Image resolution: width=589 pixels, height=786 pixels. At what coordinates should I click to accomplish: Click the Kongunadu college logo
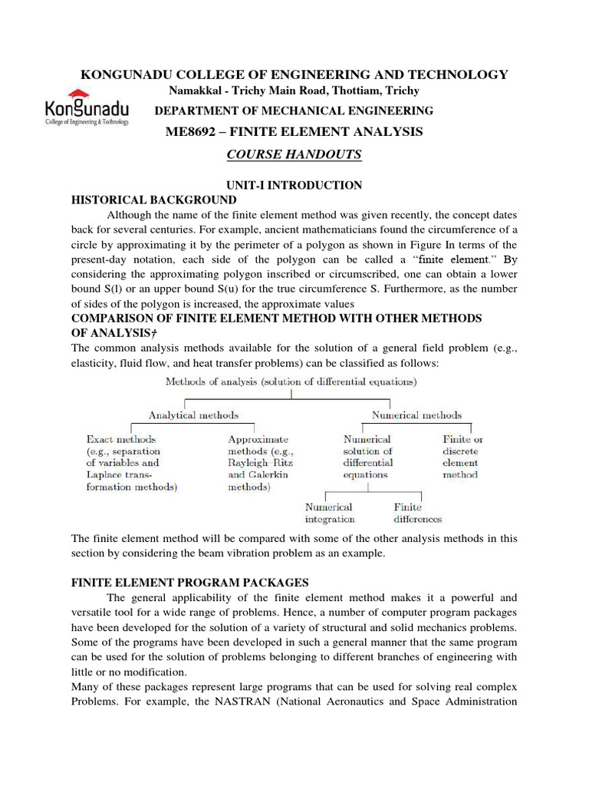coord(87,110)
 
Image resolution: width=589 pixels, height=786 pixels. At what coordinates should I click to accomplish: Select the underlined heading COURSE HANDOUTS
coord(294,154)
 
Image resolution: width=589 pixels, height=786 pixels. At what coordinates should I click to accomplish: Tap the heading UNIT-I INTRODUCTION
coord(294,185)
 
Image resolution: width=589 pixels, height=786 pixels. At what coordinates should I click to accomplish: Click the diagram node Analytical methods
coord(193,415)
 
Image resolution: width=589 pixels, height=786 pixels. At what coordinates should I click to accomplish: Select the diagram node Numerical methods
coord(416,415)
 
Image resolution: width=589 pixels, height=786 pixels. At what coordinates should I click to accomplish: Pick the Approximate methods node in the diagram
coord(261,463)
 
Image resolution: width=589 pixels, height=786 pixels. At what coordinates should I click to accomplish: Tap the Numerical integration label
coord(329,513)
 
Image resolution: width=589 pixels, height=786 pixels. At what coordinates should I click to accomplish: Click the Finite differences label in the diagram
coord(418,513)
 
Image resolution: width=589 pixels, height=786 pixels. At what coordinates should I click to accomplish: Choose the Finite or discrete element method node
coord(462,457)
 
